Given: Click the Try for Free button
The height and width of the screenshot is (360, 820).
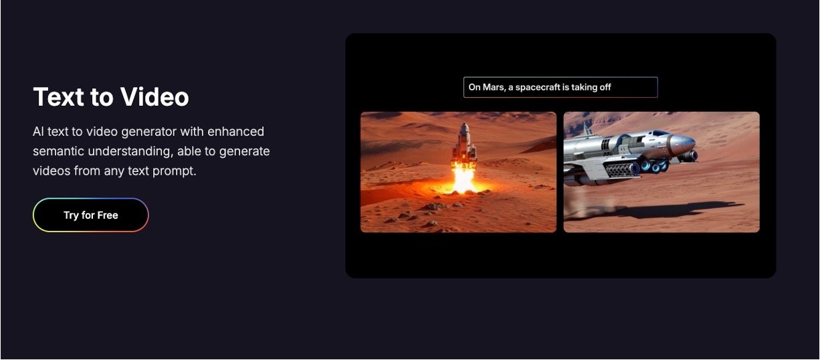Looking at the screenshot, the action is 91,215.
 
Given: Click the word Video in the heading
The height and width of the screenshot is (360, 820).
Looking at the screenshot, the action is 155,96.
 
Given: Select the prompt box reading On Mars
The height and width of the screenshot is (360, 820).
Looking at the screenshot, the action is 560,87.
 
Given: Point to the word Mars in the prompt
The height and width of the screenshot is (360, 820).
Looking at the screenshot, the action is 494,87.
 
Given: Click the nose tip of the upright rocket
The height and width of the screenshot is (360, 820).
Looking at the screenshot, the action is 465,123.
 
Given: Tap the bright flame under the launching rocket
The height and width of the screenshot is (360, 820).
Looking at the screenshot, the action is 464,179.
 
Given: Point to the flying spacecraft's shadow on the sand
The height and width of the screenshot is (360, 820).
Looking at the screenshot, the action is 674,210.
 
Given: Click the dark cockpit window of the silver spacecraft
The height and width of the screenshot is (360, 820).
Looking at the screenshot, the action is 660,133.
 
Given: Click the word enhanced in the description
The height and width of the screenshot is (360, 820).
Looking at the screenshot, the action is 235,131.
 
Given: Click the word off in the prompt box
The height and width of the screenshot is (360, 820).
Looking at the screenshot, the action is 605,87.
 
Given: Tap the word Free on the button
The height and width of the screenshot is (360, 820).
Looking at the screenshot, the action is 108,215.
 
